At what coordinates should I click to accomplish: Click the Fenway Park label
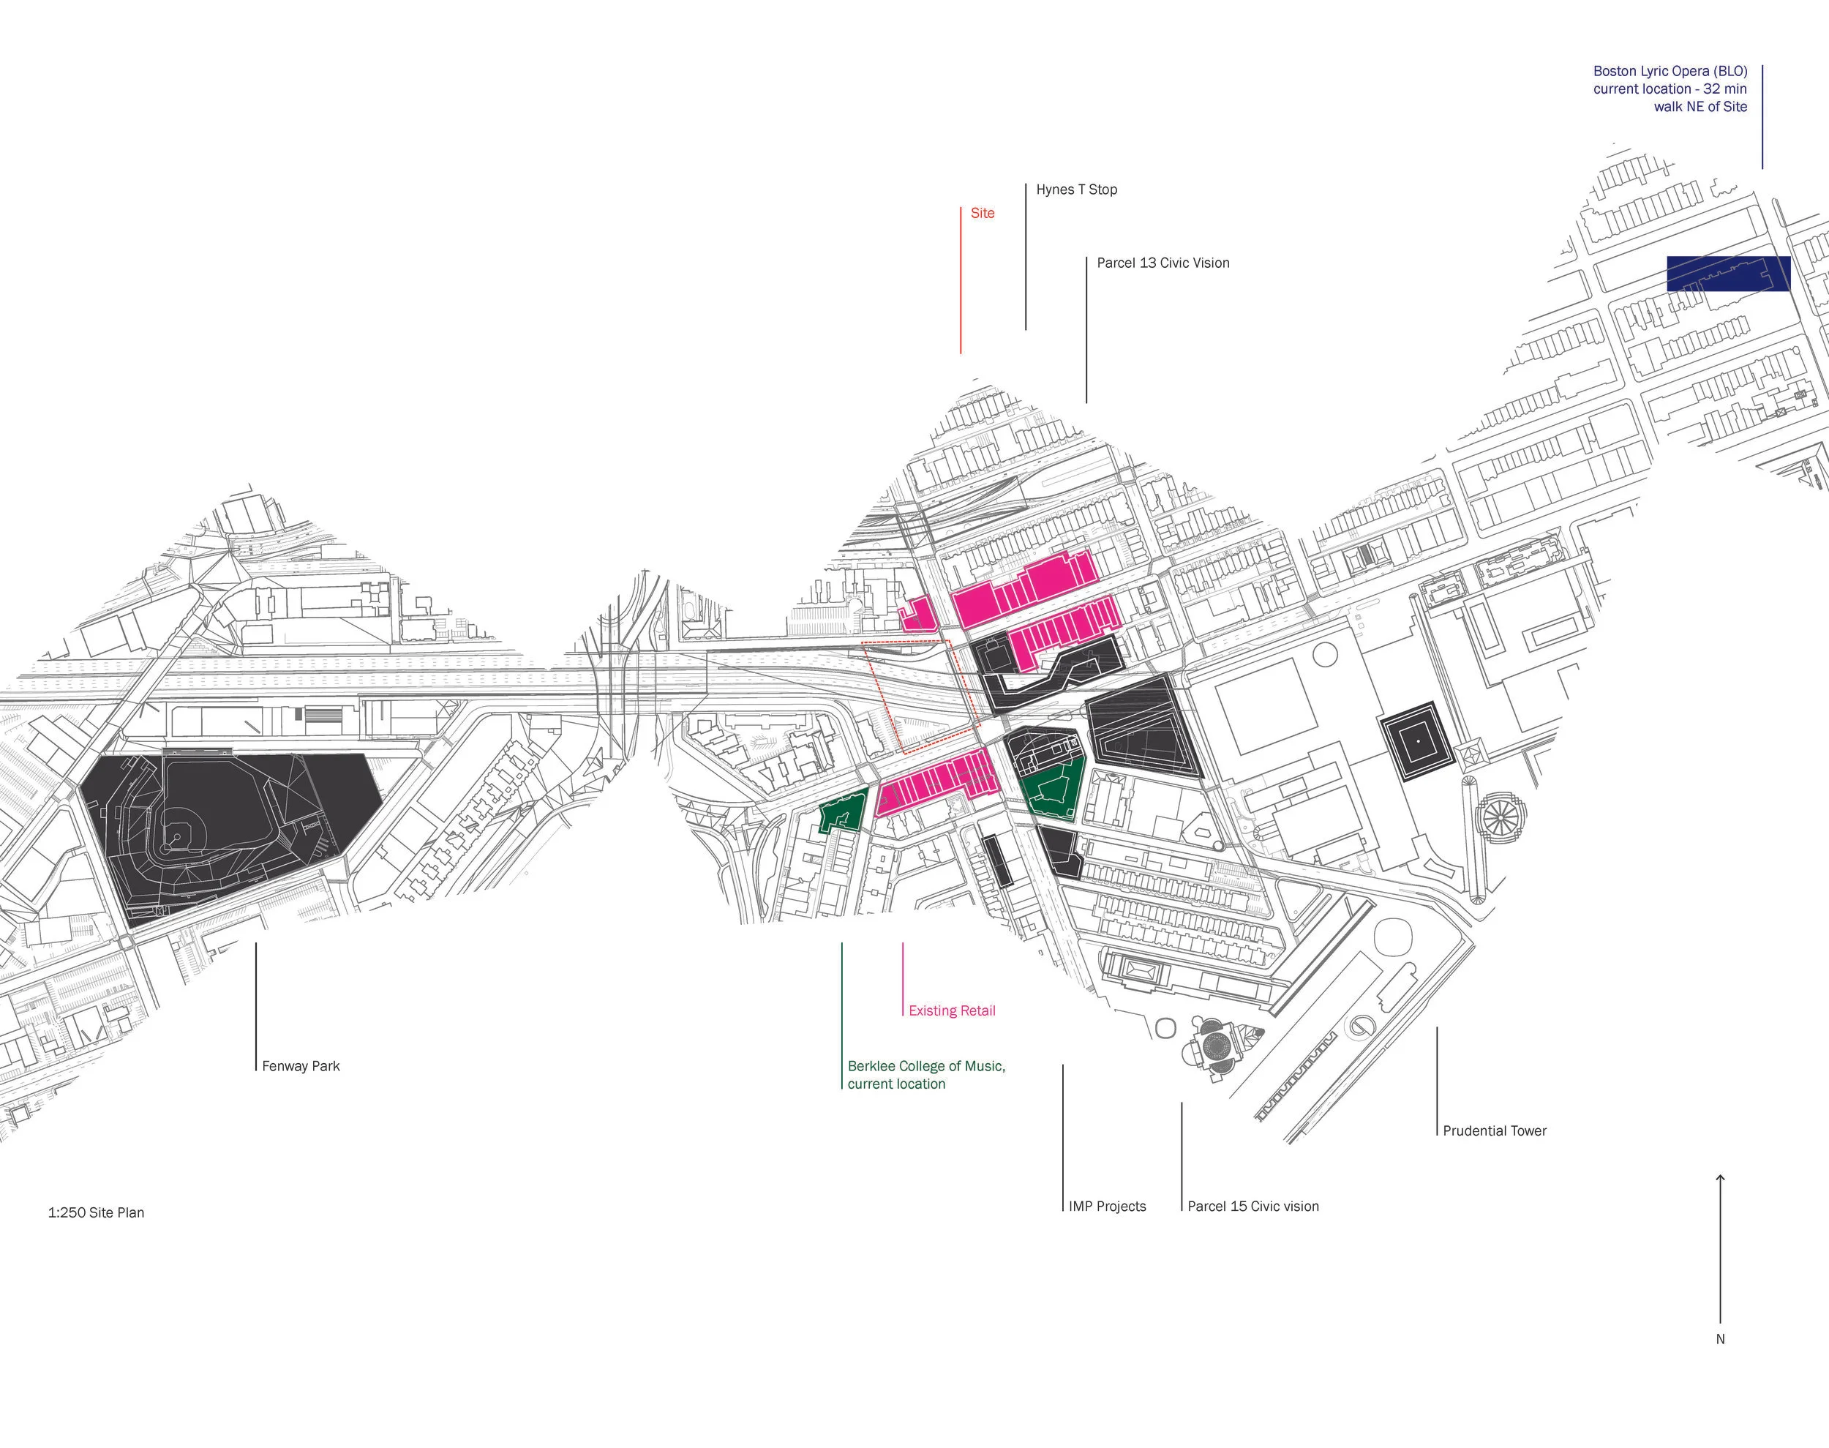point(301,1067)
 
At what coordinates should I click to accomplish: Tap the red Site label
point(983,213)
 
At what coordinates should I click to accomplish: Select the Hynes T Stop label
point(1076,190)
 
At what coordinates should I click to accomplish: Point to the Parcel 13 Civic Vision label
point(1163,263)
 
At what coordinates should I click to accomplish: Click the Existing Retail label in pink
point(952,1010)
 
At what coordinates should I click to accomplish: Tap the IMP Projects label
point(1107,1207)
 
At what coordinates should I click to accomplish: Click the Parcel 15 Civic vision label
point(1252,1207)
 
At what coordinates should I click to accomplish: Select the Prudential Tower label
point(1494,1131)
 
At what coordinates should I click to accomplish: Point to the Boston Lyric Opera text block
point(1670,89)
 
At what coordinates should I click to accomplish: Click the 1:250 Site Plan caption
point(96,1213)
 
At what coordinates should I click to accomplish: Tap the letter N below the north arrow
point(1721,1340)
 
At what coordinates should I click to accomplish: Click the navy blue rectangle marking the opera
point(1728,274)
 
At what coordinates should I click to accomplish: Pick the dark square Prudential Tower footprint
point(1418,741)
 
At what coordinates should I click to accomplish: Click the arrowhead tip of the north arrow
point(1721,1177)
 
